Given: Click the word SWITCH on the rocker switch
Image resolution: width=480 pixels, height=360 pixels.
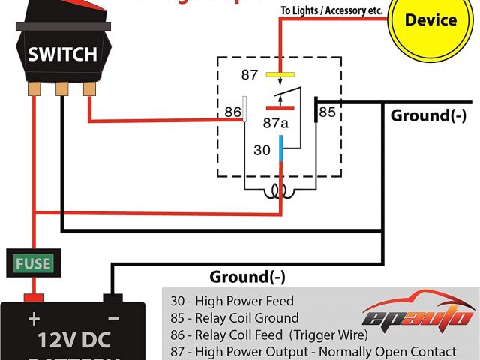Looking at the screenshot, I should tap(62, 54).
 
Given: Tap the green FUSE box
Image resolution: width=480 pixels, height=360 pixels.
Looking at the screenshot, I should tap(34, 263).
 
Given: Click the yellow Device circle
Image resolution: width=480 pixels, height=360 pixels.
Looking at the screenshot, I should tap(430, 21).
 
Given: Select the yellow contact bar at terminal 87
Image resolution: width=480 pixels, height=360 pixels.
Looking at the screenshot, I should tap(280, 75).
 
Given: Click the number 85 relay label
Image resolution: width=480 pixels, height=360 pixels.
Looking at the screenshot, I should tap(328, 112).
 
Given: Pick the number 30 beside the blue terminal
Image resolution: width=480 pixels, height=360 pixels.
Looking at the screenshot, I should tap(262, 150).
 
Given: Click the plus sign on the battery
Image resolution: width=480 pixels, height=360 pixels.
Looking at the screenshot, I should tap(34, 318).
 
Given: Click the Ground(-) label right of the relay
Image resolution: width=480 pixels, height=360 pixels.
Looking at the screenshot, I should tap(428, 115).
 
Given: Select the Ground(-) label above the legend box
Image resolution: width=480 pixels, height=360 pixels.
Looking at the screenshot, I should tap(247, 277).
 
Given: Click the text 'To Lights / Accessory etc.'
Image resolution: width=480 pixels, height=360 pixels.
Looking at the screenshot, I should tap(331, 11).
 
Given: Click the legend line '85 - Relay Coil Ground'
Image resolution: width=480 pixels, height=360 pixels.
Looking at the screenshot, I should tap(234, 317).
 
